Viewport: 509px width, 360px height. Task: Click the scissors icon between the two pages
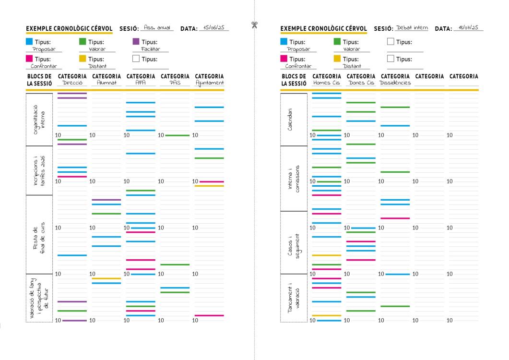click(254, 24)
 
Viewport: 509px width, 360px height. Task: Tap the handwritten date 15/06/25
click(214, 27)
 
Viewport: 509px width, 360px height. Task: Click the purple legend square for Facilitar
click(136, 42)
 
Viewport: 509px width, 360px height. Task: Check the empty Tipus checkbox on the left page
click(136, 59)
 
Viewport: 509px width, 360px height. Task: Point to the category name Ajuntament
click(209, 83)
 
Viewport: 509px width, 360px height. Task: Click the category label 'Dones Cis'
click(360, 83)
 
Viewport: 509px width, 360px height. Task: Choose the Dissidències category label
click(395, 83)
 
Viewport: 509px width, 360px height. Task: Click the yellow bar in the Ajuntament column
click(209, 186)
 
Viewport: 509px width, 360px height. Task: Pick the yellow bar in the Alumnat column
click(106, 278)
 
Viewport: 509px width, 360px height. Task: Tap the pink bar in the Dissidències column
click(395, 218)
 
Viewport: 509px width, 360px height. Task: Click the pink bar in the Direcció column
click(72, 177)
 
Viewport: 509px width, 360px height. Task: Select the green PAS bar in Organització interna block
click(177, 135)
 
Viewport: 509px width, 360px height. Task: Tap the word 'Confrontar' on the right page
click(298, 66)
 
